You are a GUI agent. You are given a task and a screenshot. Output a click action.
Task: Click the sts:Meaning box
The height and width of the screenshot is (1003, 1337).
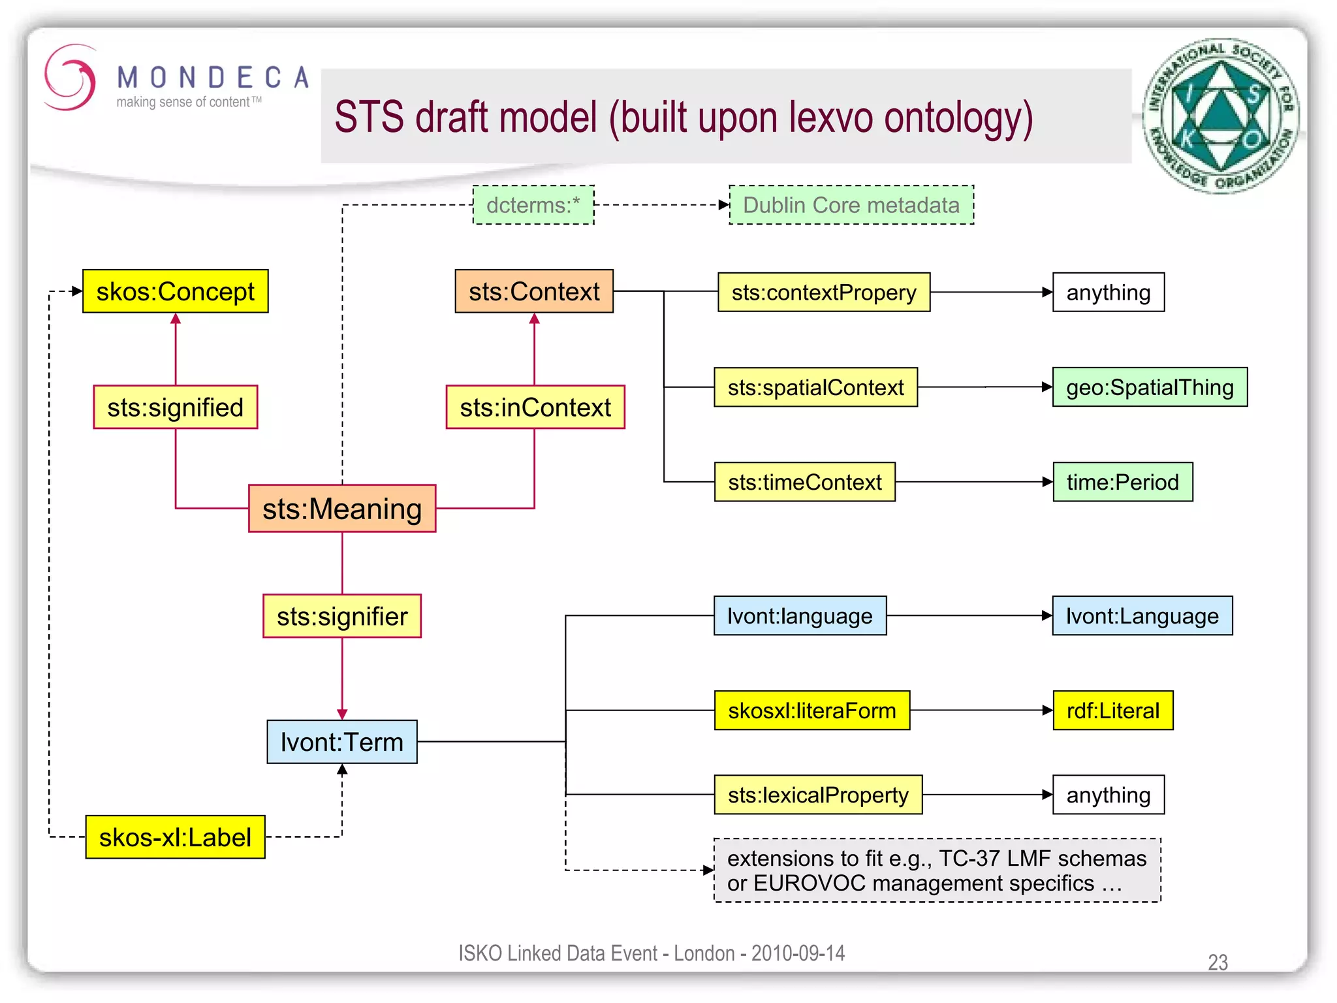pos(342,508)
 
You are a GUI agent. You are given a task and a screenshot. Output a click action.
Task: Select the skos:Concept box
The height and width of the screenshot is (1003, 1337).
pos(175,291)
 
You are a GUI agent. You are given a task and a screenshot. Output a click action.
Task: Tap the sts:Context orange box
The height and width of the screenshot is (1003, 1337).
pos(534,291)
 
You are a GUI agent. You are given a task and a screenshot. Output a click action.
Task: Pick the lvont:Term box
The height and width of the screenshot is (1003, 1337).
pos(342,742)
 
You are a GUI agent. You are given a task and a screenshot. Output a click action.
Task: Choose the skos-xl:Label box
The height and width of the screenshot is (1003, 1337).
pos(175,836)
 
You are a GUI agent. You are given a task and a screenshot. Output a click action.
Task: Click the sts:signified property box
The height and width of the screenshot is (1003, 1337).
pos(175,407)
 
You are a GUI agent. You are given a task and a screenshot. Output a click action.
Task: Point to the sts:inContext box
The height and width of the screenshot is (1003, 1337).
pos(535,407)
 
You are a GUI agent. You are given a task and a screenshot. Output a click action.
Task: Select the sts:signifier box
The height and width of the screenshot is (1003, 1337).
pos(342,616)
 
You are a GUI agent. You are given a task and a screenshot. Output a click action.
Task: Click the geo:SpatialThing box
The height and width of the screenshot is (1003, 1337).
pos(1150,387)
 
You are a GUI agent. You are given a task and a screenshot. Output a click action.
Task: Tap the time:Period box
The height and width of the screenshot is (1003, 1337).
pos(1122,482)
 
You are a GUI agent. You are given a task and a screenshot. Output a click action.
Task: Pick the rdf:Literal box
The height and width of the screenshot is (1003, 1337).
pos(1112,710)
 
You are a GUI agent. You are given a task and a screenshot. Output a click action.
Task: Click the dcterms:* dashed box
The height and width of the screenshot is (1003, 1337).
pos(533,205)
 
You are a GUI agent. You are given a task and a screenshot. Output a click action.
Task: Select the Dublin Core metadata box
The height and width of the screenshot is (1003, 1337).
pos(851,205)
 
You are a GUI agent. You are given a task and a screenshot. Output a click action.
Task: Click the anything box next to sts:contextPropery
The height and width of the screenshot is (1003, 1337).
pos(1108,293)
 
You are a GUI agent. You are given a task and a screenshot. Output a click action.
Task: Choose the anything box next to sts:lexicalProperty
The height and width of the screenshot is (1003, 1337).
pos(1108,795)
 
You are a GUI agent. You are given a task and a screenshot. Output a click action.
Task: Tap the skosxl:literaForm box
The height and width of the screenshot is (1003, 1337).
pos(811,710)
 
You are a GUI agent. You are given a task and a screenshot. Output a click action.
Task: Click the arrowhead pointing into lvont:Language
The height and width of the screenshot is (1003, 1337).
pos(1046,615)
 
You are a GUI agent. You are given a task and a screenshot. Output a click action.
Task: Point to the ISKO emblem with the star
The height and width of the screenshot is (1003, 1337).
pos(1220,116)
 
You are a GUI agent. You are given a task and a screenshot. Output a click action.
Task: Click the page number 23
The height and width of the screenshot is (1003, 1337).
pos(1218,962)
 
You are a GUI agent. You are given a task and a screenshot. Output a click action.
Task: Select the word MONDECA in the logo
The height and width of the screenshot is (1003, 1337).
pos(213,78)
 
